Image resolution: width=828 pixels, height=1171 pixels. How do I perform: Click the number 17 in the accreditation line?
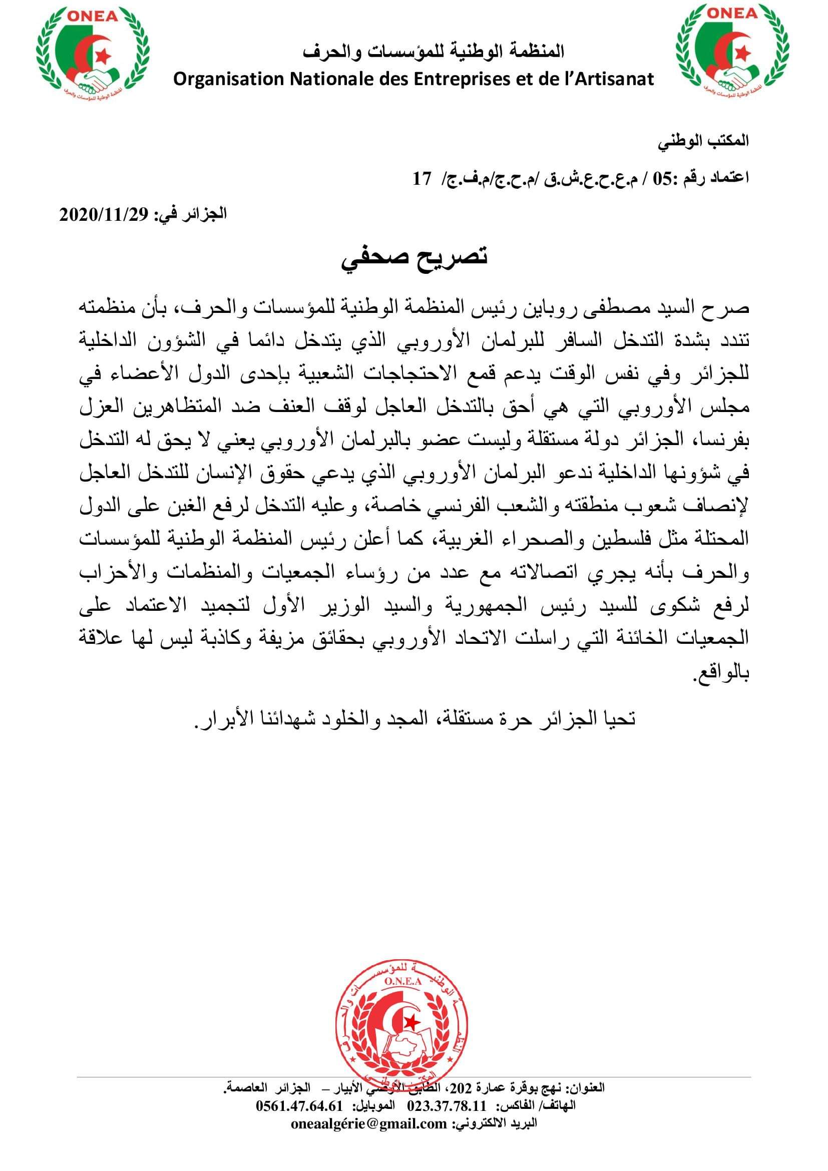pyautogui.click(x=422, y=179)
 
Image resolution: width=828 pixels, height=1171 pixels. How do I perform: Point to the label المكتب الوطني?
pyautogui.click(x=703, y=142)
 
